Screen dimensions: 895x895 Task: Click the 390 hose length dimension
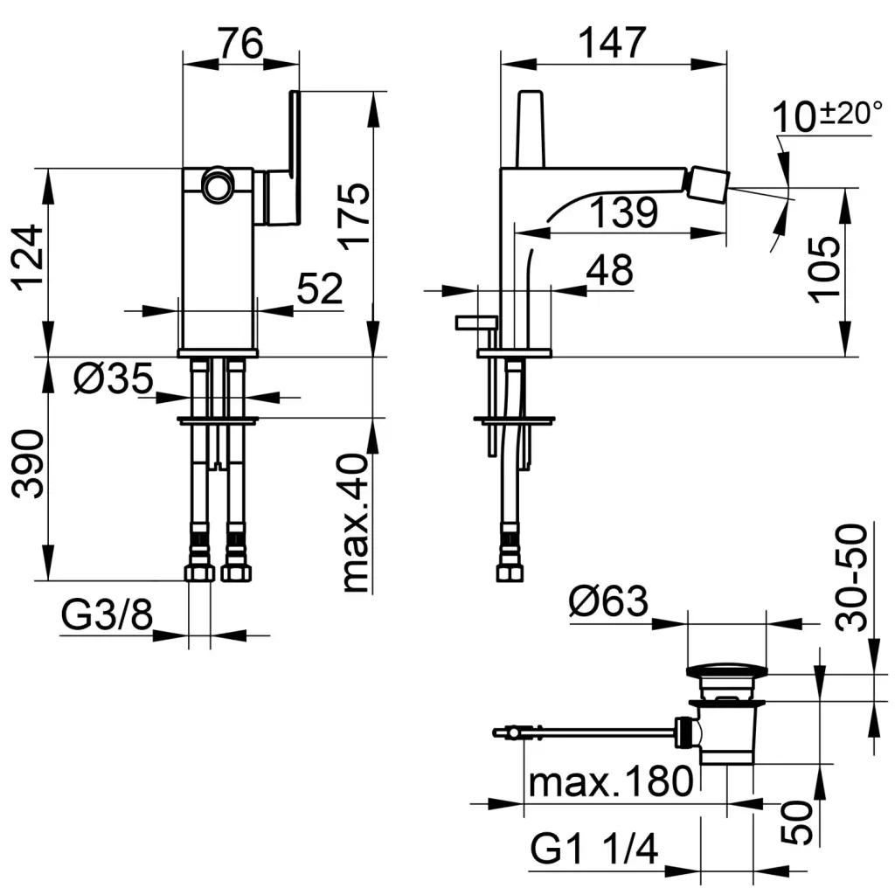pyautogui.click(x=27, y=463)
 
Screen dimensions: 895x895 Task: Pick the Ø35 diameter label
pyautogui.click(x=114, y=380)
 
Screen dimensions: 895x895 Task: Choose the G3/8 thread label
pyautogui.click(x=108, y=618)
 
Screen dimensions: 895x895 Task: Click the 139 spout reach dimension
pyautogui.click(x=621, y=212)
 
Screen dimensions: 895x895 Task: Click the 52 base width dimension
pyautogui.click(x=318, y=289)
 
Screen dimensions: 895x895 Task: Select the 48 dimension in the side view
pyautogui.click(x=608, y=272)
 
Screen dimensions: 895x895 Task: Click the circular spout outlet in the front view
pyautogui.click(x=216, y=185)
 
